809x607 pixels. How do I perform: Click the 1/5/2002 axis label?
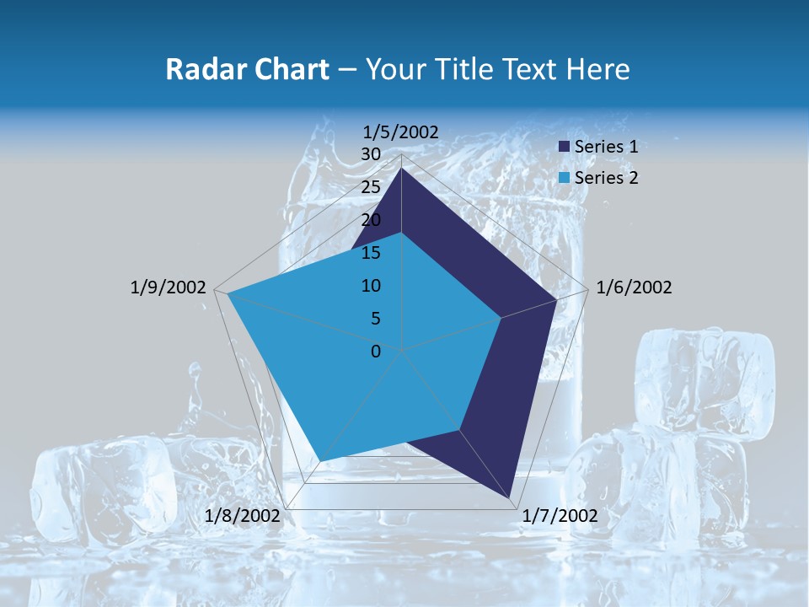point(401,132)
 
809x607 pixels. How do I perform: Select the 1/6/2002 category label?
point(634,287)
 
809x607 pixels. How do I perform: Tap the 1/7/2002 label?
point(560,516)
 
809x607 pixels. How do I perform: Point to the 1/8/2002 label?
point(243,516)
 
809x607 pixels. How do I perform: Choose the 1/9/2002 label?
point(169,287)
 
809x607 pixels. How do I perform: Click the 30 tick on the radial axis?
point(371,154)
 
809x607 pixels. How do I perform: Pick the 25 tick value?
point(371,187)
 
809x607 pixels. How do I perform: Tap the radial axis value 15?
point(371,253)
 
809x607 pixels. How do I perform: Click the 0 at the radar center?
point(376,352)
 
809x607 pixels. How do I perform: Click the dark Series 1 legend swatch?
point(565,148)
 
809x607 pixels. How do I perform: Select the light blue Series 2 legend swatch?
point(565,178)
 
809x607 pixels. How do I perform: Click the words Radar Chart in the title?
point(247,69)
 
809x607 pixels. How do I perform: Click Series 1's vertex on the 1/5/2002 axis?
point(402,169)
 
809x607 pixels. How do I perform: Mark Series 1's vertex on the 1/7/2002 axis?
point(510,498)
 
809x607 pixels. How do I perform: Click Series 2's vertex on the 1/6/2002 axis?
point(501,318)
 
